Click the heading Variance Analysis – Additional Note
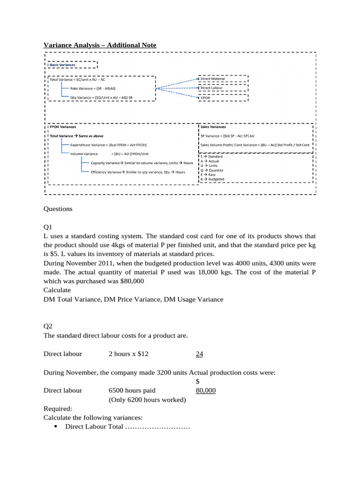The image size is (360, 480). click(100, 45)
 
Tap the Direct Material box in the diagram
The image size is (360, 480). click(213, 79)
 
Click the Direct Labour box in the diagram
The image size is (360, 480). click(212, 88)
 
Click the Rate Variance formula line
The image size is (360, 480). click(96, 88)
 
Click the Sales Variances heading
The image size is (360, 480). click(213, 127)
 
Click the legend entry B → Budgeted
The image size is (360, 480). click(212, 179)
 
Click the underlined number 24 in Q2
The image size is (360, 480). click(199, 354)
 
